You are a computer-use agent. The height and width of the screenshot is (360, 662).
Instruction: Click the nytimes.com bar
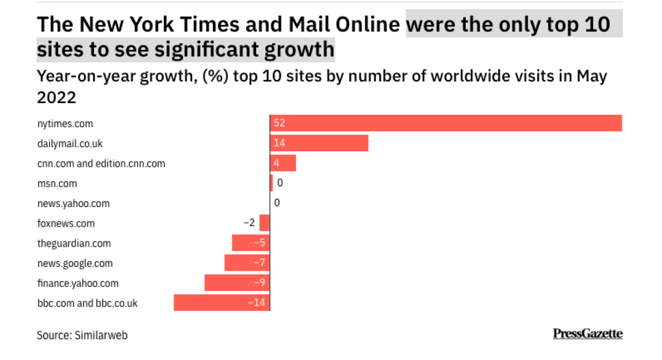(445, 123)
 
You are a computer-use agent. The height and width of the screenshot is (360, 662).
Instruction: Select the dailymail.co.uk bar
(319, 143)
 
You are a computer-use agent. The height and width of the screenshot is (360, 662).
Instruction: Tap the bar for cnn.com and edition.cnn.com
(283, 163)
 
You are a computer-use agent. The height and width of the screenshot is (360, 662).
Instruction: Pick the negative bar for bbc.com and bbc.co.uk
(221, 302)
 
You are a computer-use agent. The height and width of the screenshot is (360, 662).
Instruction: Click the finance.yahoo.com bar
(237, 283)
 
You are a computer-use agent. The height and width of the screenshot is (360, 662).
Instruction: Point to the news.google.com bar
(247, 263)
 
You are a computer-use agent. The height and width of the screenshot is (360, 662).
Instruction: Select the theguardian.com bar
(251, 243)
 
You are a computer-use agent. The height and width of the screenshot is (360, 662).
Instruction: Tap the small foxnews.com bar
(264, 223)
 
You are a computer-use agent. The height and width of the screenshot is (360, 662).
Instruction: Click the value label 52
(278, 123)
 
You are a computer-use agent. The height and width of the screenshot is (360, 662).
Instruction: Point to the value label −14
(257, 302)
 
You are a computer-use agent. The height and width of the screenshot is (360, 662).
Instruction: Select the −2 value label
(249, 223)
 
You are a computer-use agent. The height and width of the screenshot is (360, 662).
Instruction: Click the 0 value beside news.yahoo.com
(277, 203)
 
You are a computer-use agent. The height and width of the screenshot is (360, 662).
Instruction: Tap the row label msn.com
(57, 184)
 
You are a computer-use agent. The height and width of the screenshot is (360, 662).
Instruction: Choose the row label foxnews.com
(66, 224)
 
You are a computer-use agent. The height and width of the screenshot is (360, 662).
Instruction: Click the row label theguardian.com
(74, 244)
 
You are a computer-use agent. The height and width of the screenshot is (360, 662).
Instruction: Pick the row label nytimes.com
(65, 124)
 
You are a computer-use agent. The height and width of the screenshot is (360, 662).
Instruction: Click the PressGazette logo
(588, 334)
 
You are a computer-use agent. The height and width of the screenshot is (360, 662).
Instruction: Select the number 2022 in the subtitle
(56, 97)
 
